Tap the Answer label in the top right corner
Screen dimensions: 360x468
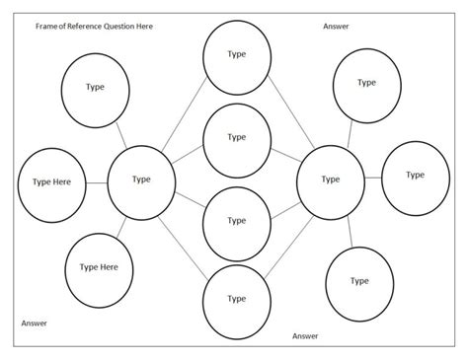(336, 26)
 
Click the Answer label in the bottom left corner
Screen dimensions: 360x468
(34, 323)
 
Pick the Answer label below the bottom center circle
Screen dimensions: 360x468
(305, 336)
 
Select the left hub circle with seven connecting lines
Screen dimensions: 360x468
(141, 180)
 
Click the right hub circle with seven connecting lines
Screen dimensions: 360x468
(330, 180)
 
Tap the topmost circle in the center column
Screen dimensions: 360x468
(236, 54)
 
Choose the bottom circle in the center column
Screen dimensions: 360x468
(236, 299)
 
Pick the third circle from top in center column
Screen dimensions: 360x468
(236, 222)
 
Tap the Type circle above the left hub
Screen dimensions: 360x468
(96, 88)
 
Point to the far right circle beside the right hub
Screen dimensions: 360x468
(415, 177)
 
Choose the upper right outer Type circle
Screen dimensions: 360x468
(367, 84)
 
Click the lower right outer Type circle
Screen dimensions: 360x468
(359, 281)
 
